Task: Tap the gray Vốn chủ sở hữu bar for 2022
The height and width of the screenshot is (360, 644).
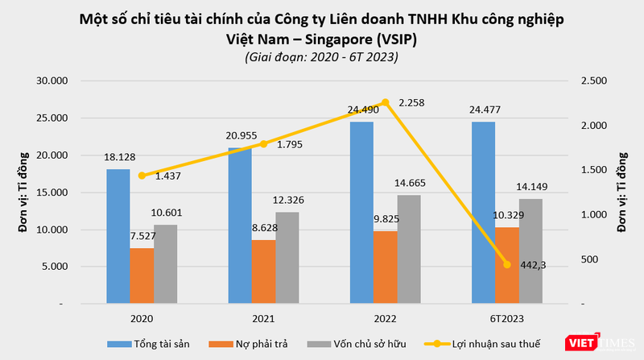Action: click(409, 250)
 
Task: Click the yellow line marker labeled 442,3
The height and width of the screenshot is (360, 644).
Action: click(507, 264)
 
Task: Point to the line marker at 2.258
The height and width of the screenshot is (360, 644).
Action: click(385, 102)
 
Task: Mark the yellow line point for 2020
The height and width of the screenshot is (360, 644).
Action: click(142, 176)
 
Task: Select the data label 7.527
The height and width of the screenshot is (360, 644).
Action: click(145, 237)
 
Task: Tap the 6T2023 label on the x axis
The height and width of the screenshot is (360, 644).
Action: click(506, 318)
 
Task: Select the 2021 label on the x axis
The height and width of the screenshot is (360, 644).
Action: click(263, 318)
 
